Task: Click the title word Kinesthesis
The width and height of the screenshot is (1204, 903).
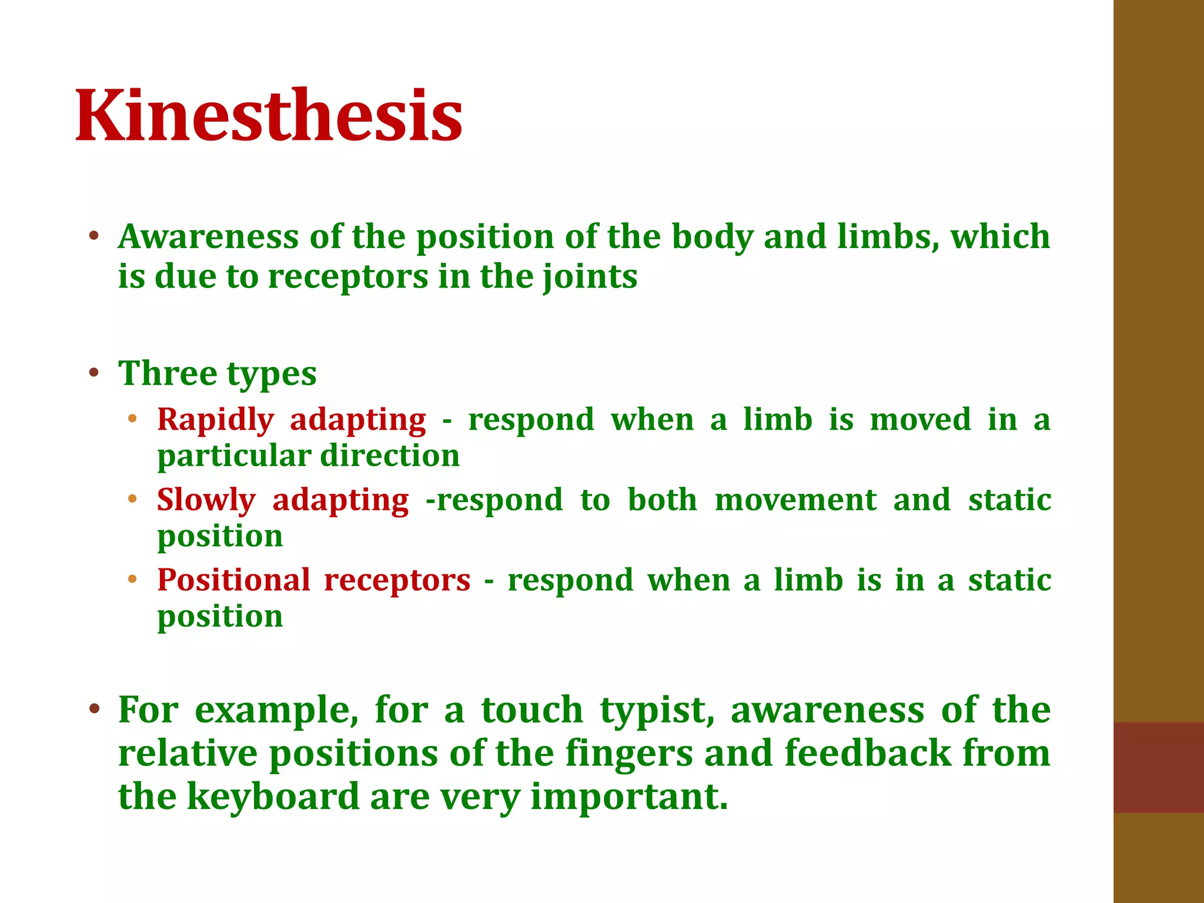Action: coord(269,115)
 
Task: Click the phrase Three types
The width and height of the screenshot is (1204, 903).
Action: coord(218,374)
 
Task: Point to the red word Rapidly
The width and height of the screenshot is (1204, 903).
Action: coord(215,421)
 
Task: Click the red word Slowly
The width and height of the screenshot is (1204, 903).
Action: coord(206,501)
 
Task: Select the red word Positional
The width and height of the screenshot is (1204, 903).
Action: coord(233,581)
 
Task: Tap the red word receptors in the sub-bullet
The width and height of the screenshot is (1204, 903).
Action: coord(397,581)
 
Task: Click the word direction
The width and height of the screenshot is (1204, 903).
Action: coord(390,456)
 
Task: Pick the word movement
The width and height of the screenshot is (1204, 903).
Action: coord(795,501)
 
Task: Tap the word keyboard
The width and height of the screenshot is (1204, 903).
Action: coord(273,797)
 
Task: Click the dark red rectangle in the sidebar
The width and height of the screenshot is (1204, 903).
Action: coord(1158,767)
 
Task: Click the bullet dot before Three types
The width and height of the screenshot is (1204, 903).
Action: coord(94,373)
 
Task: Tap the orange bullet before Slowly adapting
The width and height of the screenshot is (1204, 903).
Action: coord(132,499)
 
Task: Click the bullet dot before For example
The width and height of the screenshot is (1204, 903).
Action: coord(94,708)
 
